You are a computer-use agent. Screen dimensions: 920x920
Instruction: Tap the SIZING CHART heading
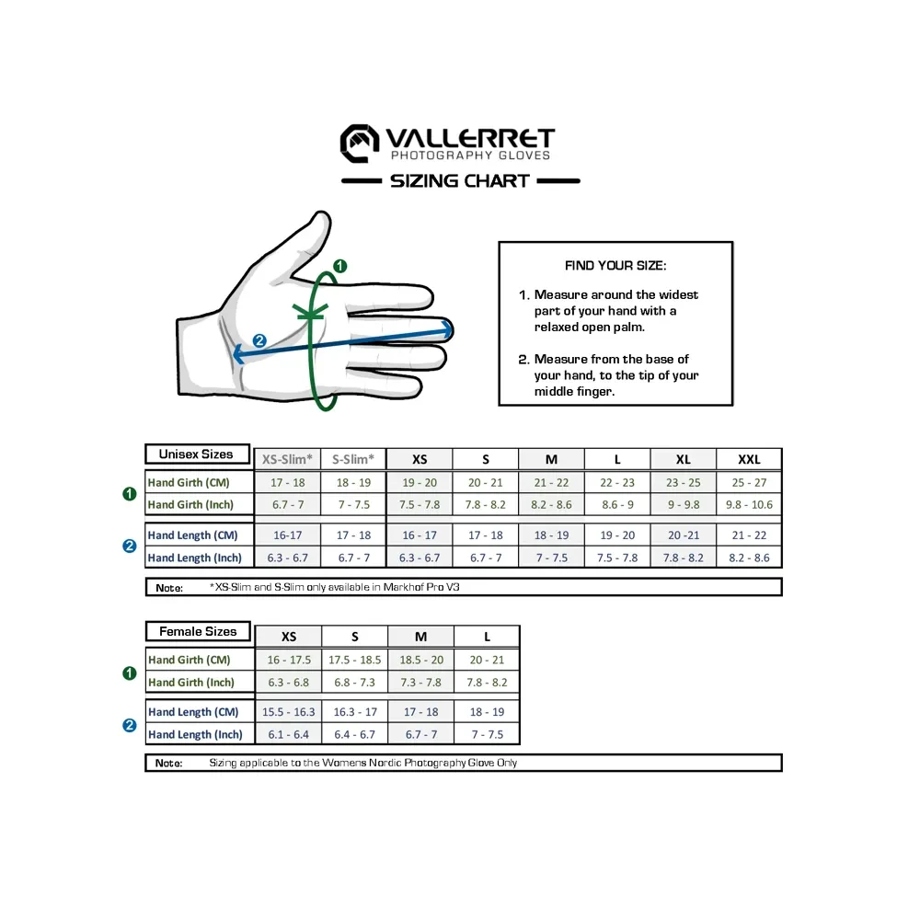pos(459,181)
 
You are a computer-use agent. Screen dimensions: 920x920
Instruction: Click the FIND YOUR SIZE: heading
pos(615,266)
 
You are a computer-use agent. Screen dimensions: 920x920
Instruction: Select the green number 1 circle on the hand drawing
pos(339,267)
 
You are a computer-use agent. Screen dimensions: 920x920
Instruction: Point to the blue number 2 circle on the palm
pos(259,340)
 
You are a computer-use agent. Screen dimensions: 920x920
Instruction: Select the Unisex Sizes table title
pos(197,454)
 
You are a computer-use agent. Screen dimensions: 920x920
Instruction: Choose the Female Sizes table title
pos(197,632)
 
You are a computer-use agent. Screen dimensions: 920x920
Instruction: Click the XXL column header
pos(749,460)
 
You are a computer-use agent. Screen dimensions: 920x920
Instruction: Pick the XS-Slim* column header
pos(287,460)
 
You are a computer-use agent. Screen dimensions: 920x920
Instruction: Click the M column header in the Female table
pos(420,638)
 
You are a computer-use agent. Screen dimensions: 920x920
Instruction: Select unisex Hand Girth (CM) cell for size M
pos(551,483)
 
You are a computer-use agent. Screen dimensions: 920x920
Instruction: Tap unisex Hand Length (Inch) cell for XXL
pos(749,558)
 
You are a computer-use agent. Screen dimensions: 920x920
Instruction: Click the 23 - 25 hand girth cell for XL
pos(683,483)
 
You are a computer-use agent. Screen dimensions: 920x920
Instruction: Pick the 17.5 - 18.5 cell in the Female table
pos(354,661)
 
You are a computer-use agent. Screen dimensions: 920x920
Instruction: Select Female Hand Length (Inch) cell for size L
pos(487,734)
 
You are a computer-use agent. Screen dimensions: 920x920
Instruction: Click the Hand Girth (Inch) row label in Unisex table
pos(190,505)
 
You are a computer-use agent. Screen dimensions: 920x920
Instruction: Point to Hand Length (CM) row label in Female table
pos(193,712)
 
